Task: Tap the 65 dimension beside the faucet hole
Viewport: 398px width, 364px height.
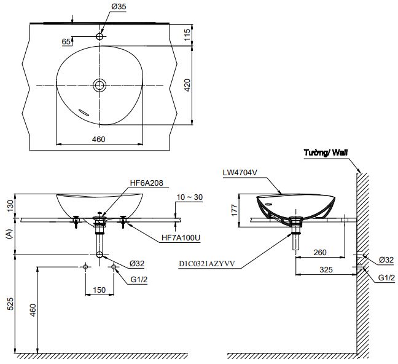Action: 66,42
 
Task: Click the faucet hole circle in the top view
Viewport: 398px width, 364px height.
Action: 99,37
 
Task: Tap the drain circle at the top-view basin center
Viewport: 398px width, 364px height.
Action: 99,85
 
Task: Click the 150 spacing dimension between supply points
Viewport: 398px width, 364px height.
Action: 99,289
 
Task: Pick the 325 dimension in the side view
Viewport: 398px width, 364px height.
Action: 326,270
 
